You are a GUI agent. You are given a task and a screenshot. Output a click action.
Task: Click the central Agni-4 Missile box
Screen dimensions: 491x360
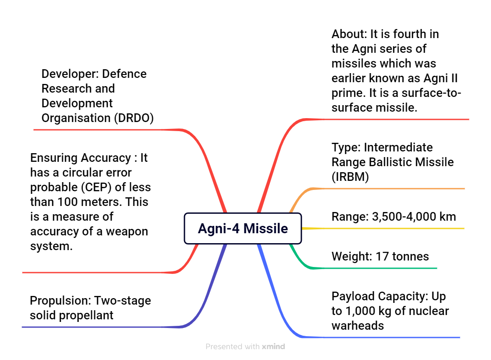point(242,228)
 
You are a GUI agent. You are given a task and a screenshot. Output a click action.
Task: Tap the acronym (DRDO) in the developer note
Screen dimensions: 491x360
point(134,118)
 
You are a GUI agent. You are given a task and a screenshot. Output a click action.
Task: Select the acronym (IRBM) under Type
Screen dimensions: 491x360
point(350,177)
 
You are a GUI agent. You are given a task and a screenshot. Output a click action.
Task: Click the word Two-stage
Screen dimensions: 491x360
point(123,301)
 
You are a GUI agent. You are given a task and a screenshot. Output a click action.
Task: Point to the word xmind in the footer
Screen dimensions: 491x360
point(273,347)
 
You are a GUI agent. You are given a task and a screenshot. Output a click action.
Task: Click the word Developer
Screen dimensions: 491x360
point(70,74)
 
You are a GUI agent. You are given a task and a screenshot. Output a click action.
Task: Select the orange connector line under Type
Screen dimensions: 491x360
point(376,189)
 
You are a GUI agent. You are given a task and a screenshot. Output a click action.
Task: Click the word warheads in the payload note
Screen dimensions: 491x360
point(358,326)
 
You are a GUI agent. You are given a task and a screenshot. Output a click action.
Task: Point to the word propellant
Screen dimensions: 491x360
point(86,315)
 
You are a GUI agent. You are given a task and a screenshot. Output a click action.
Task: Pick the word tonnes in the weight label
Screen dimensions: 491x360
point(410,257)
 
